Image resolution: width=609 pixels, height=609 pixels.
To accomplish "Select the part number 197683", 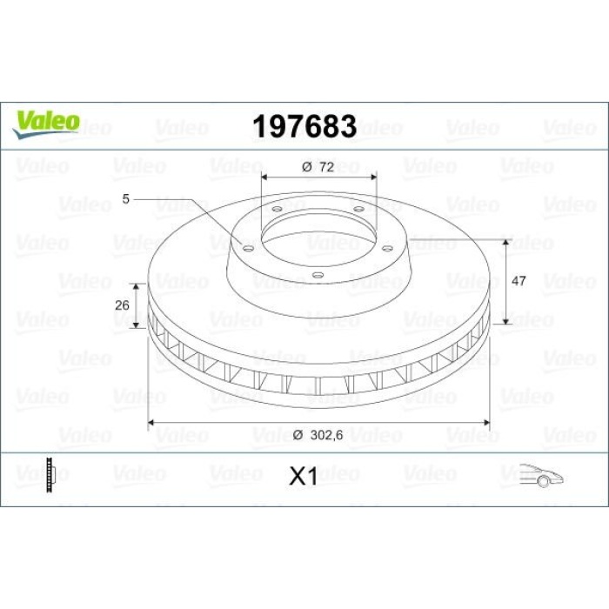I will pos(304,127).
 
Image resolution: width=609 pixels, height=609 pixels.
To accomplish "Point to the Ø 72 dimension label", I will pos(319,166).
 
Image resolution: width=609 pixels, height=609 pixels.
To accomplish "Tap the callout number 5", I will pos(125,199).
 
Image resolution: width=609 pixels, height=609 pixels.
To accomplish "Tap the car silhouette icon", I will pos(539,476).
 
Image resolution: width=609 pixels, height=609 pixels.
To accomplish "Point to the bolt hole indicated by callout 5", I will pos(247,249).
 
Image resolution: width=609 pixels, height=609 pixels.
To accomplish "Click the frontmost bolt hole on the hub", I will pos(318,277).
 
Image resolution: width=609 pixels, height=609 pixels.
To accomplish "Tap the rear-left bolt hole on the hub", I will pos(276,209).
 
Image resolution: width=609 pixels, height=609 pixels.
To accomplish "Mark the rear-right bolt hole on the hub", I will pos(357,209).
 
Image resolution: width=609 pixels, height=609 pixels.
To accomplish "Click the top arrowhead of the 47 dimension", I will pos(505,239).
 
